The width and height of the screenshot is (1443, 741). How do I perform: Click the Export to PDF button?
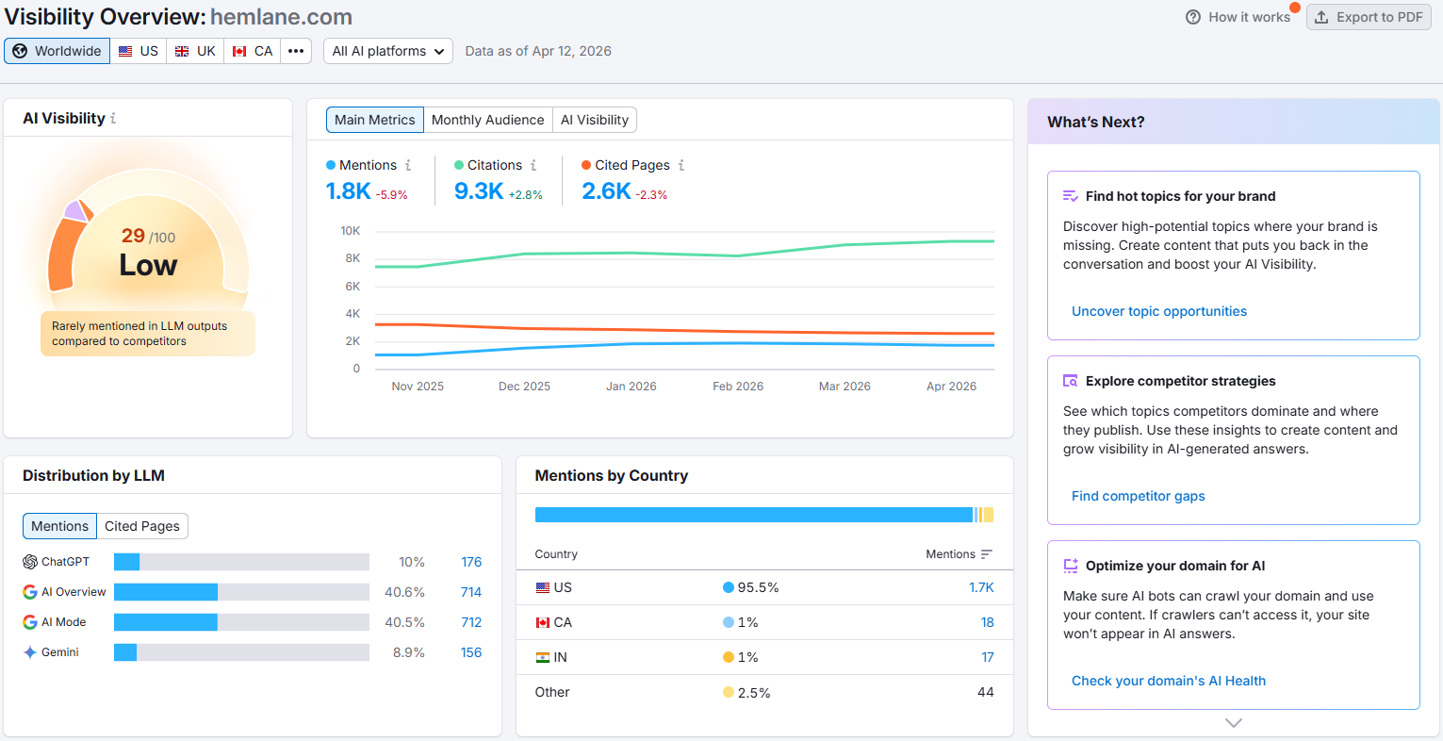1369,17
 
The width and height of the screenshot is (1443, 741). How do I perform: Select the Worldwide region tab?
57,51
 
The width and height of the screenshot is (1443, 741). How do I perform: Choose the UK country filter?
196,51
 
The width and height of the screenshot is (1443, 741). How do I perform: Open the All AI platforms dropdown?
388,51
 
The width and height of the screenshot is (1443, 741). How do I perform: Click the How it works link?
1238,17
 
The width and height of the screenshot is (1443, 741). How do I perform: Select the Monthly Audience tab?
487,120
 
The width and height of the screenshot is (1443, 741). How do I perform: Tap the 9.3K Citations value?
479,191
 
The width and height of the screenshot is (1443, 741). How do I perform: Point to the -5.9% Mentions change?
392,195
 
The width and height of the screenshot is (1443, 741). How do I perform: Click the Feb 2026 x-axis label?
738,387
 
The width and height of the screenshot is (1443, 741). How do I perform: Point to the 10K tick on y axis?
350,231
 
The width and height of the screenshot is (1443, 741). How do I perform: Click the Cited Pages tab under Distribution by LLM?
142,526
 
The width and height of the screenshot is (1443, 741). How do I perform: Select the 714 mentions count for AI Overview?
471,592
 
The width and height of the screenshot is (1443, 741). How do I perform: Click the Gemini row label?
60,652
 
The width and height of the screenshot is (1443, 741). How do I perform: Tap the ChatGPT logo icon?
30,562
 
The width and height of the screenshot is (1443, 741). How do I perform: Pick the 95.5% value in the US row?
758,587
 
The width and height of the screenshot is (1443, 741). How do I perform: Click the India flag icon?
543,657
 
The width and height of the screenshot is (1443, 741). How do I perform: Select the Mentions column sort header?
959,554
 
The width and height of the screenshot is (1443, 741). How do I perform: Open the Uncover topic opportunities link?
1158,311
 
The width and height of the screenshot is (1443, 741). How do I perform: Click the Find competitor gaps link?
1138,496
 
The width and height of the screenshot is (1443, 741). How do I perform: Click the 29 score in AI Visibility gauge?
133,236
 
